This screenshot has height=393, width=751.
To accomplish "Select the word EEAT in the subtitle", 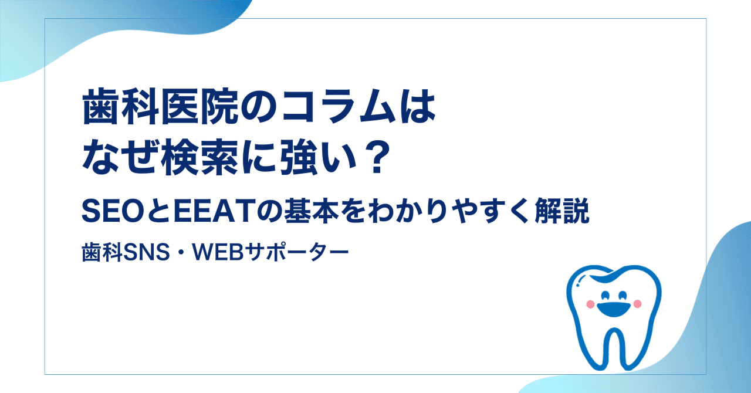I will pos(185,214).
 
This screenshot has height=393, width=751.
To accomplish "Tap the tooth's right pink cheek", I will pos(638,303).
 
